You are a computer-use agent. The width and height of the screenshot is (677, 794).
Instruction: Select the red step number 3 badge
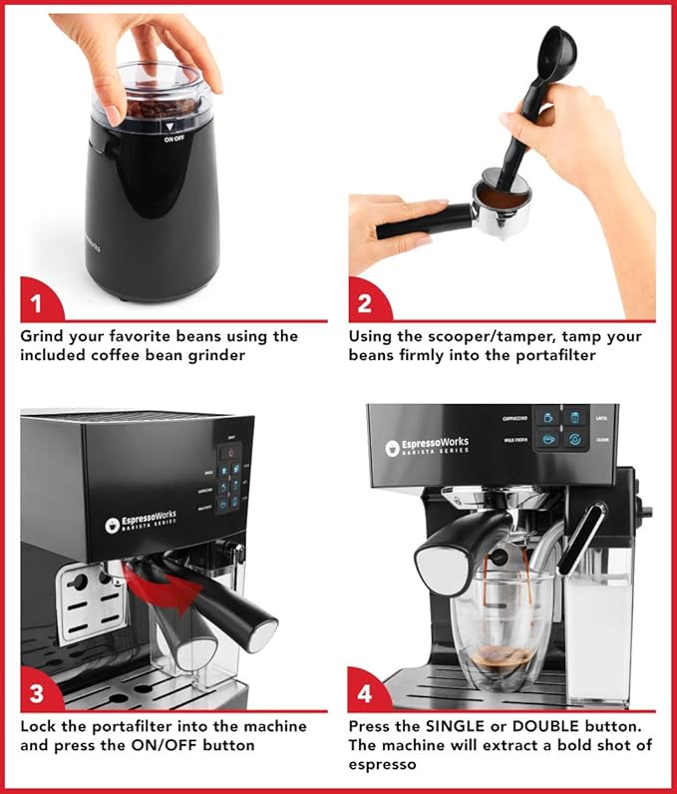coord(37,691)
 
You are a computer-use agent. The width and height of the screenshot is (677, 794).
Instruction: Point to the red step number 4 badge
coord(365,691)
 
